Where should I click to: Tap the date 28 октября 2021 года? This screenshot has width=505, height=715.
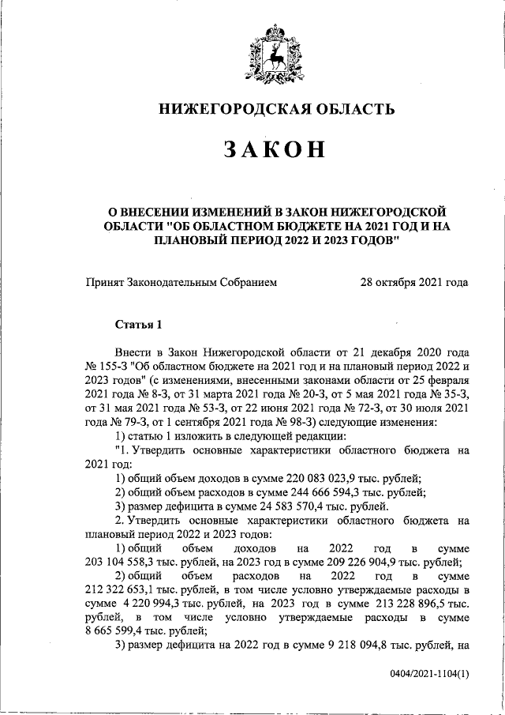[414, 282]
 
